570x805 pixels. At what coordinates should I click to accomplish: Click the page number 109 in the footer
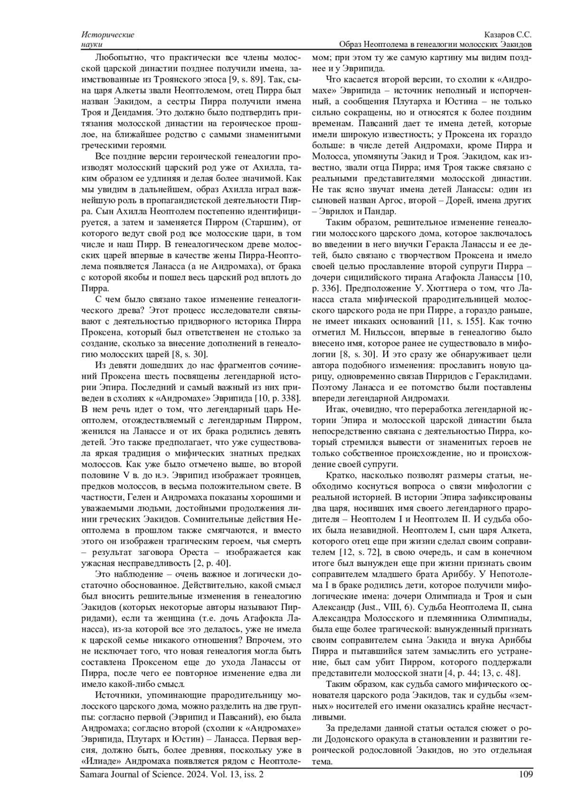click(526, 775)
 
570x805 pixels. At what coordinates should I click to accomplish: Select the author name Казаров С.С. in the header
click(508, 35)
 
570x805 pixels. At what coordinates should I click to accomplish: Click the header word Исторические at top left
click(108, 35)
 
